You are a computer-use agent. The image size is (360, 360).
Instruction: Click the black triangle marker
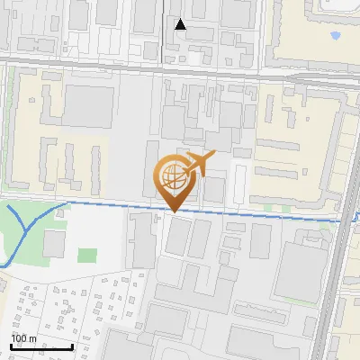(x=181, y=24)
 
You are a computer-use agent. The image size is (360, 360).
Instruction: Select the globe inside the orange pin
(x=172, y=177)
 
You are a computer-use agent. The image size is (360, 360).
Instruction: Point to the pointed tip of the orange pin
(x=173, y=211)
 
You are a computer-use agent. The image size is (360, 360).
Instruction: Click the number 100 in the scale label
(x=19, y=338)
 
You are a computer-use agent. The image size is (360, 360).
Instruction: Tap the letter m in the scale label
(x=32, y=338)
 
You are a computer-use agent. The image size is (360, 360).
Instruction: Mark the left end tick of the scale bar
(x=10, y=346)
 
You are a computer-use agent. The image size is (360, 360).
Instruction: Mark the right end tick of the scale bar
(x=72, y=346)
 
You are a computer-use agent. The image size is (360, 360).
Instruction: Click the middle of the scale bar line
(x=40, y=347)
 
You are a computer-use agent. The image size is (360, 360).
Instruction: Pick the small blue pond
(x=336, y=36)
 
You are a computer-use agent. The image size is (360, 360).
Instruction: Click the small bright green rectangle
(x=87, y=256)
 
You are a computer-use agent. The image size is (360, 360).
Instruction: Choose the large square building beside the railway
(x=297, y=270)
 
